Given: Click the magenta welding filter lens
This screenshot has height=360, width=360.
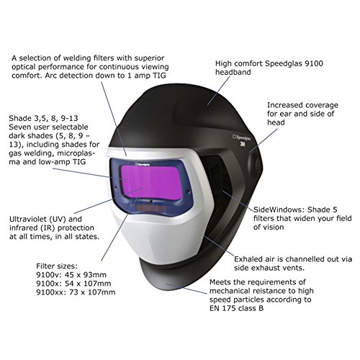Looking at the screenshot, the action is pyautogui.click(x=151, y=182).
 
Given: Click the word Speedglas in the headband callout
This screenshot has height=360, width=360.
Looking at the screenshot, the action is pyautogui.click(x=281, y=63).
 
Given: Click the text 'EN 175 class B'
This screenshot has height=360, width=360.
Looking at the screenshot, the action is pyautogui.click(x=236, y=308).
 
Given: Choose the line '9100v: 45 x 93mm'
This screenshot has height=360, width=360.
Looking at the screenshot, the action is pyautogui.click(x=71, y=275).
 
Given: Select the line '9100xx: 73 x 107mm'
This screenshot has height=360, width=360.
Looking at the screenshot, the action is pyautogui.click(x=76, y=292).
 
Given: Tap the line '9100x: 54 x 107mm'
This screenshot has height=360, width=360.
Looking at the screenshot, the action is pyautogui.click(x=73, y=284).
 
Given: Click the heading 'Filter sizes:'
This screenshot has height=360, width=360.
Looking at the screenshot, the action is pyautogui.click(x=57, y=266).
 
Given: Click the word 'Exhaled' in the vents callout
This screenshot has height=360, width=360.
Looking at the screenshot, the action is pyautogui.click(x=248, y=259).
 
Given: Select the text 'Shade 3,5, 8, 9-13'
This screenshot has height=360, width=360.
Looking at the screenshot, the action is pyautogui.click(x=43, y=118).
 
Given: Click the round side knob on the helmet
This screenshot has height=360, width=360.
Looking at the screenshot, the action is pyautogui.click(x=256, y=161).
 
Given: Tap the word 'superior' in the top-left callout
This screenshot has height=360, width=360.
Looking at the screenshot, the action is pyautogui.click(x=149, y=58).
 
